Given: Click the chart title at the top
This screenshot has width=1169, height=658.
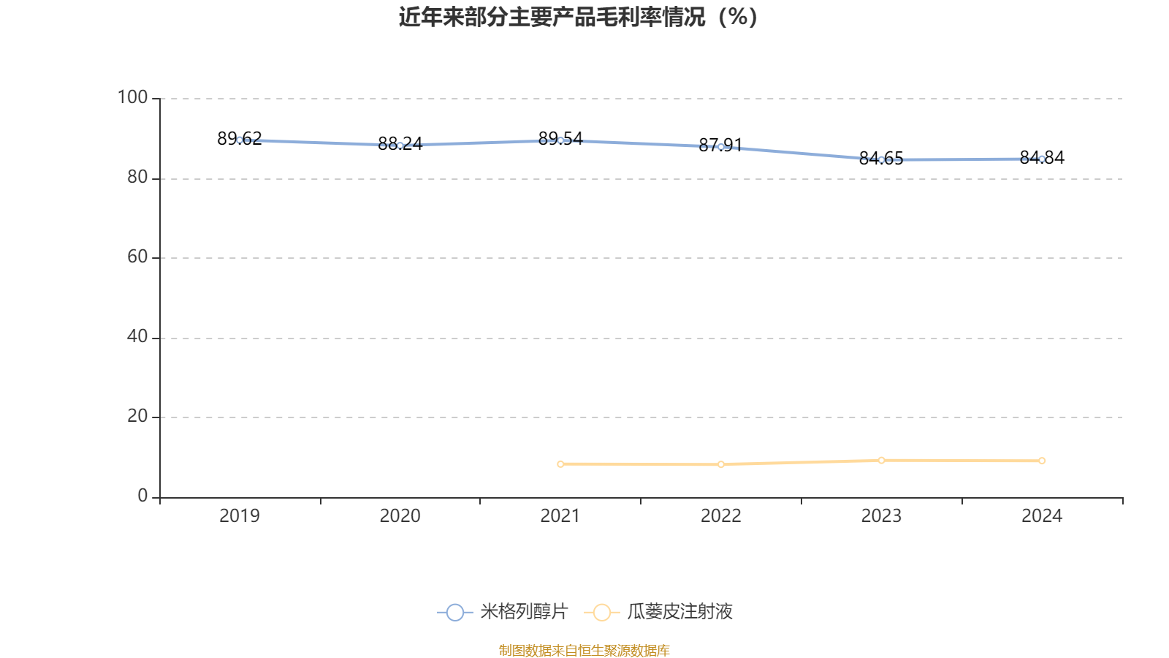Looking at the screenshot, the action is pos(578,18).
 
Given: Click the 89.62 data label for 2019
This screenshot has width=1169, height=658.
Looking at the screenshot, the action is pos(240,138).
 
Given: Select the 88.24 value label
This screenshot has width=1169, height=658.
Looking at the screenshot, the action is pos(400,143).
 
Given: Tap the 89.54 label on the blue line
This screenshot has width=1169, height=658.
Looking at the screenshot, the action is pos(560,138).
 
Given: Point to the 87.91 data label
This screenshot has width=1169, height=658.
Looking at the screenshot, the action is pos(720,145).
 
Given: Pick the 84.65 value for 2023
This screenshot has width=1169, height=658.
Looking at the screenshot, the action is pos(881,158).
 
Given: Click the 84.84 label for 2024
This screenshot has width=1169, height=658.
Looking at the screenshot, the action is pos(1042,157).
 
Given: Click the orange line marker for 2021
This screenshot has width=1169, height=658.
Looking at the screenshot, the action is pos(560,464).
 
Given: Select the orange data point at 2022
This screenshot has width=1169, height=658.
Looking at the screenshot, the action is pos(720,464).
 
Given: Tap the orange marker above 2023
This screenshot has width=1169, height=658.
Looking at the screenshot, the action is pos(881,460).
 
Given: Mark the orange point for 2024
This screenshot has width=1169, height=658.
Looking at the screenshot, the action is pos(1042,461).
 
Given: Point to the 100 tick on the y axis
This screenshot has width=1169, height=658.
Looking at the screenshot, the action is pos(132,97).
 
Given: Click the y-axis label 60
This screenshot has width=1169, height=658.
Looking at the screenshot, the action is pos(138,257).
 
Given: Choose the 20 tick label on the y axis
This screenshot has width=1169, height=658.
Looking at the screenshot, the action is pos(138,416).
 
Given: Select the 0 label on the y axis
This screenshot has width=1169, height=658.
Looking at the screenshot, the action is pos(142,496).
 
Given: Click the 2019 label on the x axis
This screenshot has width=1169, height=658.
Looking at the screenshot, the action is pos(240,516).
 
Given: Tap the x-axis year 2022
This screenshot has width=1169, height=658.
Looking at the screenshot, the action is pos(720,516).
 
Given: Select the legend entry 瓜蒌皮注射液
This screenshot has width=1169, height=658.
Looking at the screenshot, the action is pos(658,611).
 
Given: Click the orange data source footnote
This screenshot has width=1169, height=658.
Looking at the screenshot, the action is pos(584,650).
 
